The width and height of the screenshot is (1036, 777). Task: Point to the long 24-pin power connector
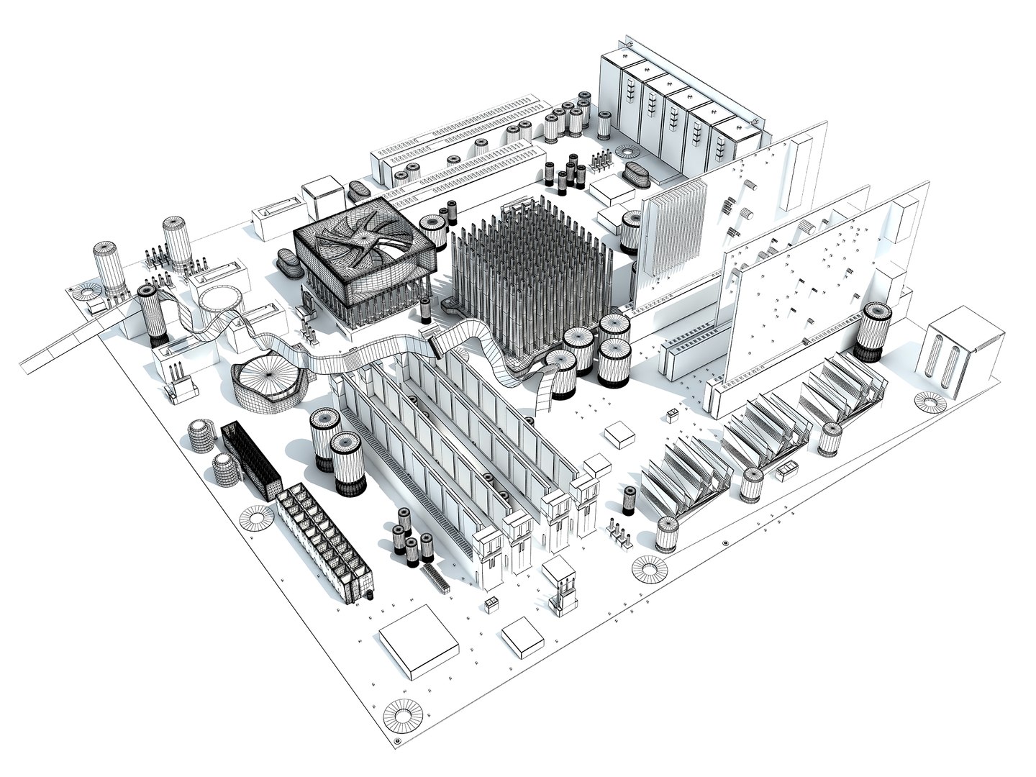click(x=326, y=537)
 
